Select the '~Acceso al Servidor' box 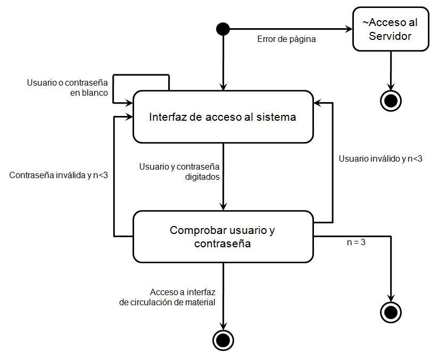point(391,29)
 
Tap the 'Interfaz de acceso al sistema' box point(222,117)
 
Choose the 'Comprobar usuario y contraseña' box point(222,237)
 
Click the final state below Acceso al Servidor point(391,99)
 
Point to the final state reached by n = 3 point(391,311)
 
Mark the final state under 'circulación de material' point(222,338)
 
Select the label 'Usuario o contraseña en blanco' point(67,88)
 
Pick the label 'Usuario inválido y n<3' point(380,158)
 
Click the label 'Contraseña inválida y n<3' point(59,174)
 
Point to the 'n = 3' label point(355,242)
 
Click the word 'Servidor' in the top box point(391,36)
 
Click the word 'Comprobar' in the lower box point(195,231)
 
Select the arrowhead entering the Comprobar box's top point(223,207)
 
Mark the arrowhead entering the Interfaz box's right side point(318,103)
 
